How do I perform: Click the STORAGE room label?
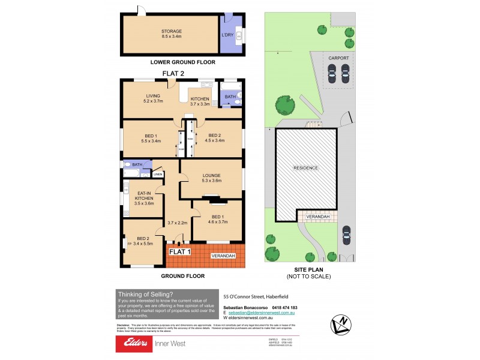point(171,31)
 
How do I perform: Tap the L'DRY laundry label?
point(228,35)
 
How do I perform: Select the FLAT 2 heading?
point(173,74)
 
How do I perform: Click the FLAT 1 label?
point(180,252)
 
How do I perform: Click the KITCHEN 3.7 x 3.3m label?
point(200,101)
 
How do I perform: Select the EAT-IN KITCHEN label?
point(144,197)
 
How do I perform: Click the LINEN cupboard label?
point(158,175)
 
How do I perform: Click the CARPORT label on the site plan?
point(338,58)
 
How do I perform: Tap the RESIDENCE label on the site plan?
point(306,167)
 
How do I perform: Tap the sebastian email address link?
point(263,313)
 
